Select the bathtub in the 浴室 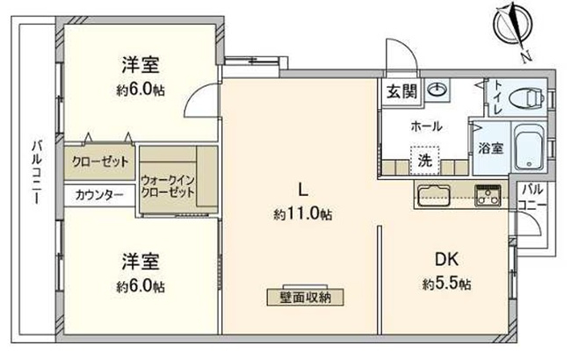pos(528,148)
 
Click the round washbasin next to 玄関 pos(437,90)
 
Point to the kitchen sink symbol pos(434,194)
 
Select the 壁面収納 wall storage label pos(307,296)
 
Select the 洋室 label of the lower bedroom pos(140,262)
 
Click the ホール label pos(427,126)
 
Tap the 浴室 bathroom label pos(490,148)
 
